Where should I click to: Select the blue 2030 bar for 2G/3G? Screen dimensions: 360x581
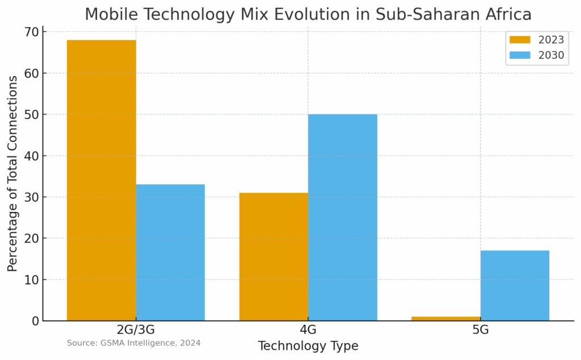170,252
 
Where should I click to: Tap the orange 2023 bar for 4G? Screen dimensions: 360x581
273,256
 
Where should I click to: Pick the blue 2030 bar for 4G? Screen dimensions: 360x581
343,217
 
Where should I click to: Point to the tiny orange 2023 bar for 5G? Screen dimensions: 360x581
445,319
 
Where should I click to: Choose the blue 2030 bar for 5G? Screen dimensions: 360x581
515,285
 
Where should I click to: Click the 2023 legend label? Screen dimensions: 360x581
551,40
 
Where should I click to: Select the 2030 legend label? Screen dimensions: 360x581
551,55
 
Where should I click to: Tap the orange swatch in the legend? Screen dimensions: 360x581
520,40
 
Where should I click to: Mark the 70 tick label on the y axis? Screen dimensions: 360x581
32,32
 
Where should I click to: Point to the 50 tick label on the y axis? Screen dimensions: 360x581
32,115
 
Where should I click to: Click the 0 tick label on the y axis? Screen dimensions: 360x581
35,321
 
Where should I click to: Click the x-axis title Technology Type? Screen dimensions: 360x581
308,346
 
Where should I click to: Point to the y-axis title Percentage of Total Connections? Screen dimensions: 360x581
12,173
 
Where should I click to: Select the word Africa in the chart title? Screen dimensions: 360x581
504,14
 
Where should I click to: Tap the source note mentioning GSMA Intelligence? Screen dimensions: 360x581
133,343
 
